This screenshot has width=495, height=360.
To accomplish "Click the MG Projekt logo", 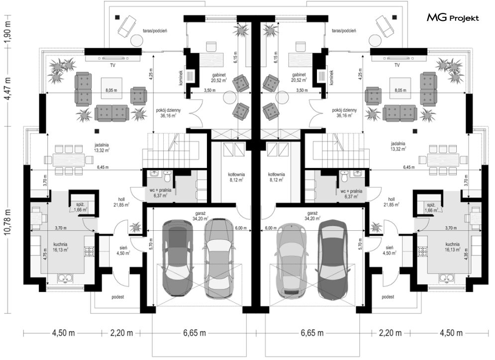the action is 453,18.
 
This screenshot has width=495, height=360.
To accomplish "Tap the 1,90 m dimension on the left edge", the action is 8,31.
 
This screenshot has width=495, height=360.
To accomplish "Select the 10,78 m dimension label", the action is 8,221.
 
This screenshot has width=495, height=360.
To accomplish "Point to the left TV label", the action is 112,65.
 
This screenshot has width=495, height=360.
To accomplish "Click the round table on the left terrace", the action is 137,41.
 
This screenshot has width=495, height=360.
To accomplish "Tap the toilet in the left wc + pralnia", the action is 168,176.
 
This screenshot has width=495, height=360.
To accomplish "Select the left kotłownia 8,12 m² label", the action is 236,177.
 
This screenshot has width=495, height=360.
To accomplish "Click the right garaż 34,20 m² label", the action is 313,215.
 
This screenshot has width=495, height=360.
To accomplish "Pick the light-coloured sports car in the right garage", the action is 290,260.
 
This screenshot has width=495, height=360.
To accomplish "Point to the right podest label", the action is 388,297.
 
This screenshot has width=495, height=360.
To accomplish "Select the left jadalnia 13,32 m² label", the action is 101,147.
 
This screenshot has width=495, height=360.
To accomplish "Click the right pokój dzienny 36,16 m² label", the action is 344,113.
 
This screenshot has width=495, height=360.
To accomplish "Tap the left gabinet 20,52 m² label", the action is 219,78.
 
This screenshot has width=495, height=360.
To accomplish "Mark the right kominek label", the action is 331,78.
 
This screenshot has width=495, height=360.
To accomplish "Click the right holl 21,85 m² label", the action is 392,202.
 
